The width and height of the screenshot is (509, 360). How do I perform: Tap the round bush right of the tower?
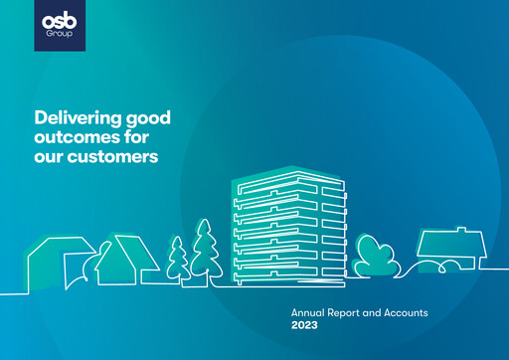(x=376, y=256)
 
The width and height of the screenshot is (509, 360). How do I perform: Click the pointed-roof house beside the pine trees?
(x=126, y=261)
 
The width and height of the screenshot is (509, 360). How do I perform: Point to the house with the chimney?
(x=446, y=249)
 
